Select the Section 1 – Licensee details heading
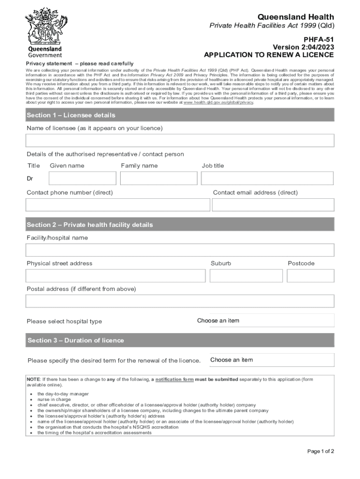coord(71,115)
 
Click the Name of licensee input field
coord(180,140)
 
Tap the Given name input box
coord(82,178)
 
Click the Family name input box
coord(158,178)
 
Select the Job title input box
coord(267,178)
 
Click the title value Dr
coord(30,178)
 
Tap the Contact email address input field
coord(273,205)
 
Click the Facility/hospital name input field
coord(180,250)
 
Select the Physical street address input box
coord(115,276)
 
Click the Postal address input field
coord(180,301)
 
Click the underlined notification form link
coord(174,379)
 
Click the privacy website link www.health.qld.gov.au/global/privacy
coord(219,102)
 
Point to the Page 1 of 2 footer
coord(320,451)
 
